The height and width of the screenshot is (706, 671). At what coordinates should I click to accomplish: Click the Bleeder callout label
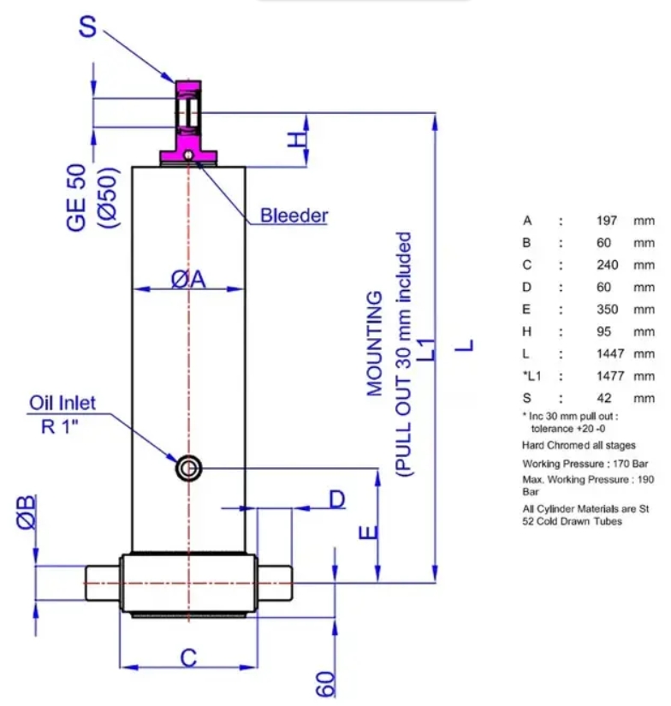click(x=294, y=215)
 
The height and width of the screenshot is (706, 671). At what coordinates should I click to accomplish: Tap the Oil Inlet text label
click(x=62, y=403)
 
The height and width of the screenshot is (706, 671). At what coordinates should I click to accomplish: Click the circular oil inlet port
click(x=188, y=468)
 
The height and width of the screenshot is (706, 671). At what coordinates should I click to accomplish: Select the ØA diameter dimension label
click(x=188, y=279)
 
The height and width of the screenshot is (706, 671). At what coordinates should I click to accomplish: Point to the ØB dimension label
click(x=26, y=512)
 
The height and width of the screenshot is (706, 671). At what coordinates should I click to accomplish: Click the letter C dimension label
click(x=188, y=658)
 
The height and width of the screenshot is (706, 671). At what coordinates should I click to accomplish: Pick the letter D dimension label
click(x=337, y=499)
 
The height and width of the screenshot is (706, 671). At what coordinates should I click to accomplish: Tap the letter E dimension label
click(x=368, y=532)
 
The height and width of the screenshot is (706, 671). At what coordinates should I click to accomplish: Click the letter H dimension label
click(x=297, y=140)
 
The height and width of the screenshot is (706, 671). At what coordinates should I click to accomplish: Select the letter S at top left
click(x=88, y=27)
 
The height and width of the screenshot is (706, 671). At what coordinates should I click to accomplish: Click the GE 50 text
click(x=76, y=198)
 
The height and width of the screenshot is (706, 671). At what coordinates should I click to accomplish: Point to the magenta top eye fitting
click(x=188, y=122)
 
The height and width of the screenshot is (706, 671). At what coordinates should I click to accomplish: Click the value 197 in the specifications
click(x=607, y=221)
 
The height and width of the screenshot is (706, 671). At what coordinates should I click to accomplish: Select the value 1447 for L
click(x=610, y=353)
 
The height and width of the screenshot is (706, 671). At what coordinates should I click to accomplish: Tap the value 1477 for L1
click(x=610, y=376)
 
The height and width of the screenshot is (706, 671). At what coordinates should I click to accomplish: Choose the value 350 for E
click(x=608, y=309)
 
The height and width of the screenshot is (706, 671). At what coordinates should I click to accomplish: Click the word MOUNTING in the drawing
click(x=375, y=343)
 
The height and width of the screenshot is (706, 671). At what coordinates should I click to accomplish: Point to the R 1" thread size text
click(x=60, y=426)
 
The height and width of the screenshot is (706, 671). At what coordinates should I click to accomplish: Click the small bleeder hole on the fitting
click(x=188, y=156)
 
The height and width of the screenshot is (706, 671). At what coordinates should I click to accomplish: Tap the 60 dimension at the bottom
click(x=326, y=685)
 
